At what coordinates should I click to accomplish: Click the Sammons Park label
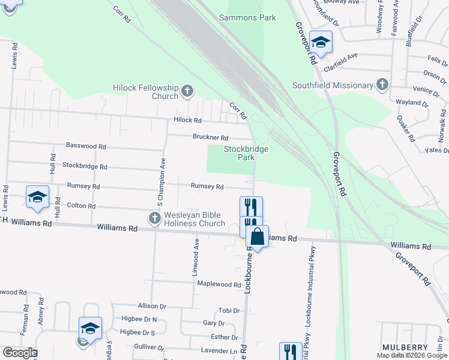tap(247, 17)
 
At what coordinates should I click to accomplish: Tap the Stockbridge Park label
tap(246, 153)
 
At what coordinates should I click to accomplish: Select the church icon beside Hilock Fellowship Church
tap(187, 91)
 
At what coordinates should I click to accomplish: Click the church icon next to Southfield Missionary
tap(382, 85)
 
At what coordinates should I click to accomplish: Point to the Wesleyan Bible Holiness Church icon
tap(155, 219)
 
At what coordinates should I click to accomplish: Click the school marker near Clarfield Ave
tap(321, 42)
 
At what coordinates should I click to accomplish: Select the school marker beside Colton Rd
tap(37, 197)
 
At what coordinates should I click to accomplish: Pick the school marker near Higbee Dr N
tap(90, 328)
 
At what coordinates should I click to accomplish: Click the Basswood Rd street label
tap(86, 146)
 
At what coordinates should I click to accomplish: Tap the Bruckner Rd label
tap(210, 137)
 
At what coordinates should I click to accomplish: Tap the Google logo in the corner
tap(19, 353)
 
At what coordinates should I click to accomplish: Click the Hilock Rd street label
tap(187, 121)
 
